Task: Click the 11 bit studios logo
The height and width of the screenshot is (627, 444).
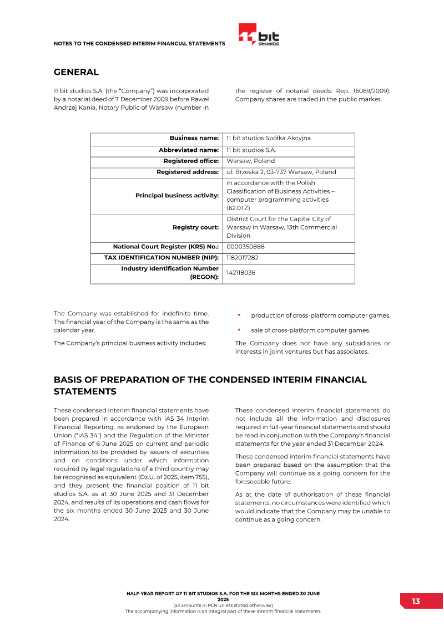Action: tap(259, 34)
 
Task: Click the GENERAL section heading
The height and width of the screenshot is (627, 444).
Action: tap(76, 72)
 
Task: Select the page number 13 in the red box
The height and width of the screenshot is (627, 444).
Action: tap(416, 601)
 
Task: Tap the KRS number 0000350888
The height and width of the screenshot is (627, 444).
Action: tap(246, 247)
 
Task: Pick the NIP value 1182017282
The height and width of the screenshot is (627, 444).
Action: tap(243, 258)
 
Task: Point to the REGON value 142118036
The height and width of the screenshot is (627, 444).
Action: tap(241, 273)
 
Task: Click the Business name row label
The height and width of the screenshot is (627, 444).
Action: tap(194, 139)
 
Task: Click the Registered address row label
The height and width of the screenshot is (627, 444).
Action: tap(188, 172)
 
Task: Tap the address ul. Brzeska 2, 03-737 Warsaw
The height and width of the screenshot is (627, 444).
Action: tap(281, 172)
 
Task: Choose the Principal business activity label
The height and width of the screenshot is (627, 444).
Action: tap(177, 196)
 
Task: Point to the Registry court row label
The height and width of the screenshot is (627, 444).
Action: tap(195, 227)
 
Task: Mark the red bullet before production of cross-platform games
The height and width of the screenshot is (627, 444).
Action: tap(239, 315)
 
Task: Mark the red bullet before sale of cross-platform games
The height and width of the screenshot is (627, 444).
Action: tap(239, 330)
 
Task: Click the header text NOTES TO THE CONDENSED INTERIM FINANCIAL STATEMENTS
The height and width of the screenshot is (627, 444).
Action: tap(139, 43)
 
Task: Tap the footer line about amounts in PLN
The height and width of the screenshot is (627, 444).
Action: tap(223, 605)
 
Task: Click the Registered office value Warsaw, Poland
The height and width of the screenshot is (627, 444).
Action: tap(250, 161)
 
